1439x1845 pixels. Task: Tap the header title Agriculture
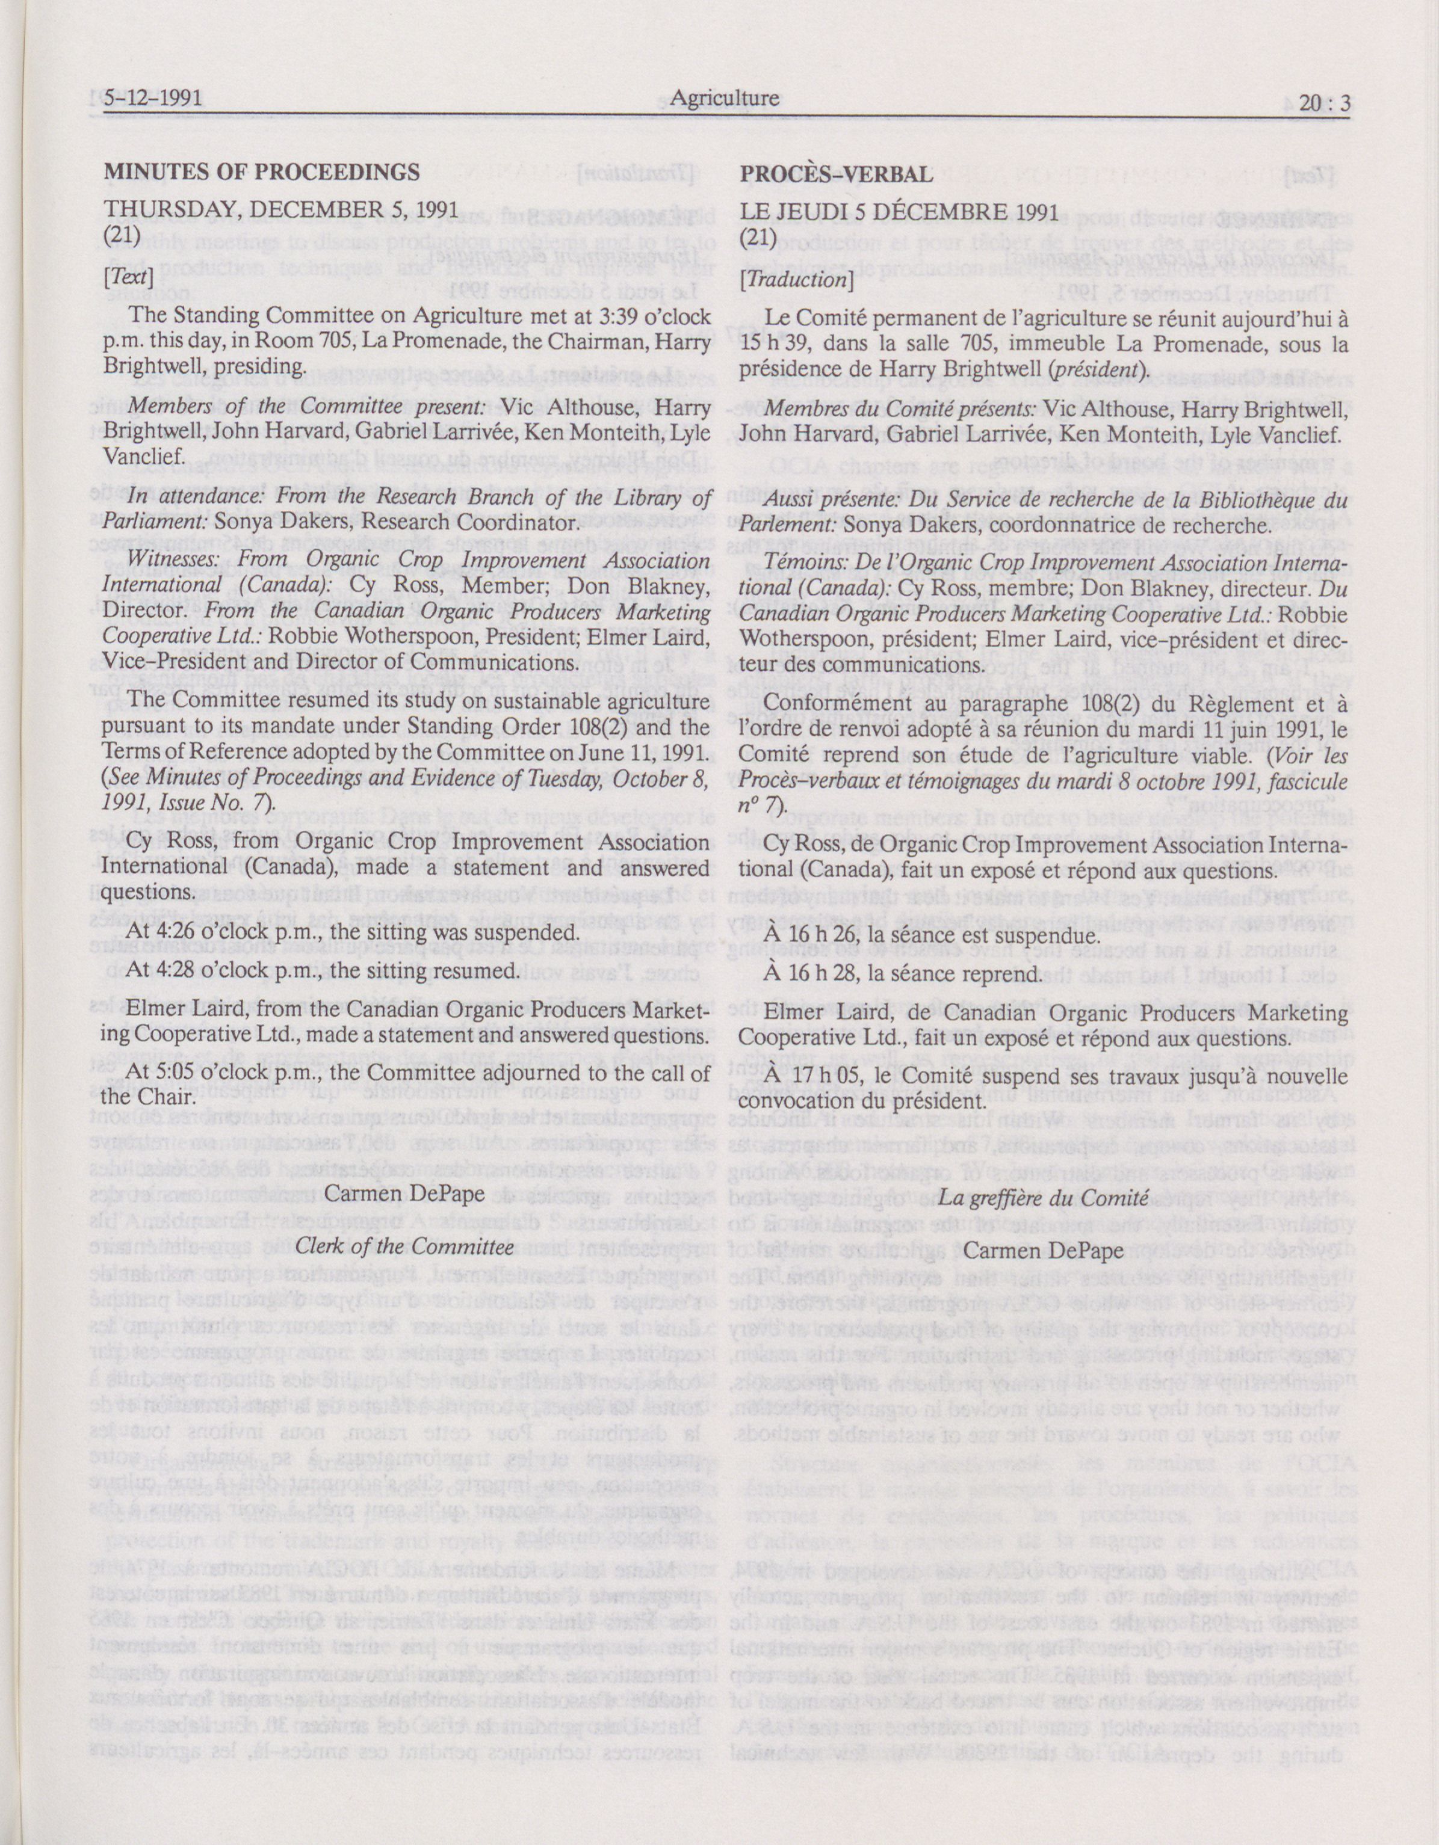[724, 99]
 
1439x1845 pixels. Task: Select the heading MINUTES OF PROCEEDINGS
[261, 173]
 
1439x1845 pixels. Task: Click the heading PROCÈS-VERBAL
[837, 174]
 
